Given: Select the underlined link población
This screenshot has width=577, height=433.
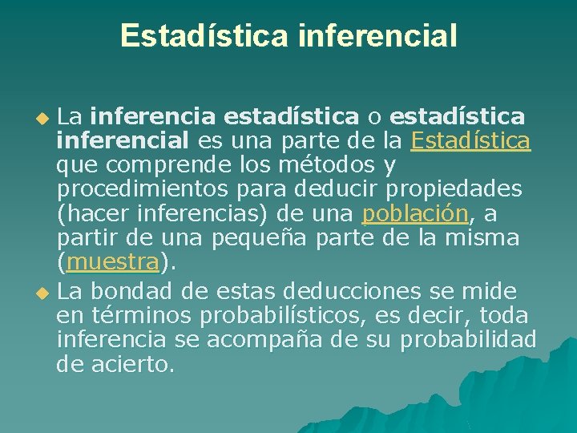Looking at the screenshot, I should tap(415, 213).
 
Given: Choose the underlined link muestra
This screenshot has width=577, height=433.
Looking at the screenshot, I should tap(113, 261).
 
